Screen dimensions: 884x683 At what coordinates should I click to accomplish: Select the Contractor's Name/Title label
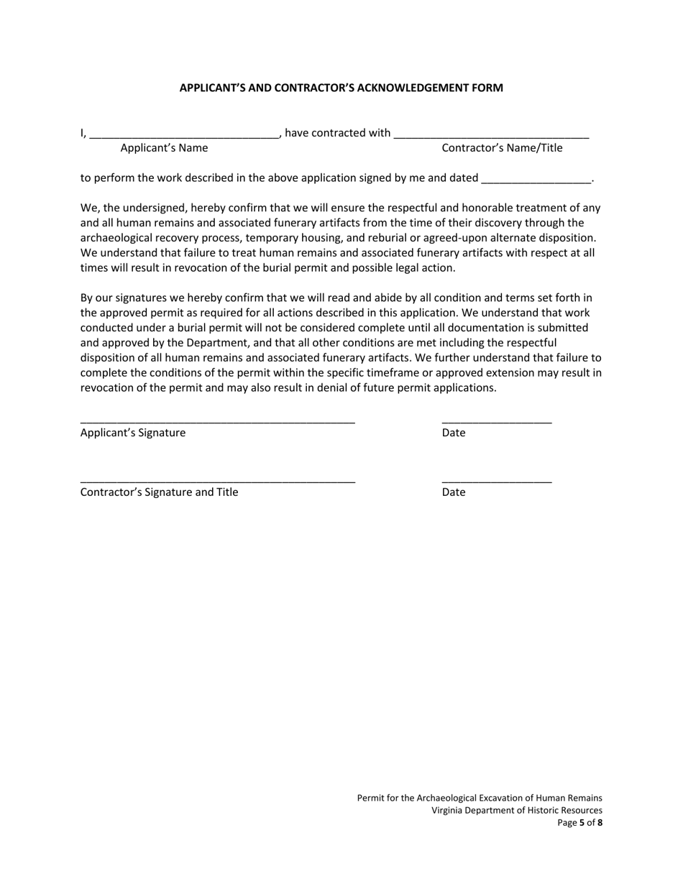pos(502,148)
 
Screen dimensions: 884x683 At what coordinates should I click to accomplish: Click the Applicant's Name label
pos(164,148)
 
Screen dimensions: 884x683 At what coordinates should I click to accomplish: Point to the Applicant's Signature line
pos(217,421)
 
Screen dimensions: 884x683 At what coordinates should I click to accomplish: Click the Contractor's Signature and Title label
pos(159,492)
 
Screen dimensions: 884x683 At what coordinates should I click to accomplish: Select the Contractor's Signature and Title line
pos(217,481)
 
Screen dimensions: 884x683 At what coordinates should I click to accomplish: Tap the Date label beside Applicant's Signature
pos(454,433)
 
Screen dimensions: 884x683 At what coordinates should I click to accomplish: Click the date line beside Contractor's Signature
pos(496,481)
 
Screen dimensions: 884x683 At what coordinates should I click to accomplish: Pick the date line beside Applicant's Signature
pos(496,421)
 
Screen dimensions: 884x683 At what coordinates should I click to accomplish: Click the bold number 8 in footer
pos(600,823)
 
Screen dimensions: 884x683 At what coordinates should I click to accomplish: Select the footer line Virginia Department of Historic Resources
pos(517,811)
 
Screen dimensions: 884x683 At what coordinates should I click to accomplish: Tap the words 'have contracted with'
pos(338,133)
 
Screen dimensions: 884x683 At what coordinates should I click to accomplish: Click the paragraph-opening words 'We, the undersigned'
pos(127,208)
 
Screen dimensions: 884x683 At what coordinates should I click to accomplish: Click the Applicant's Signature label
pos(133,433)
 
